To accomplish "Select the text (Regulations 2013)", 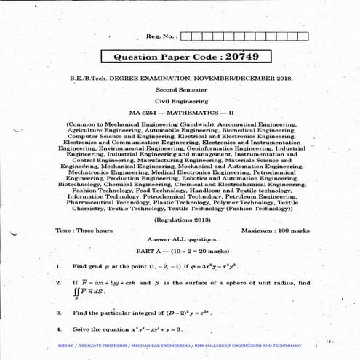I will pos(179,219).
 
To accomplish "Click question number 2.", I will pos(58,282).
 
